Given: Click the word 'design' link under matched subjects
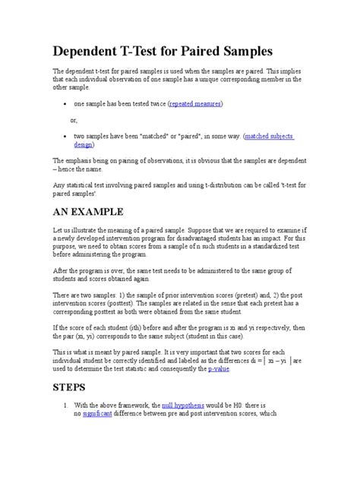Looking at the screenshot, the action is [x=84, y=145].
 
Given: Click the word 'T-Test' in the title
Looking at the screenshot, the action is [x=150, y=52].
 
